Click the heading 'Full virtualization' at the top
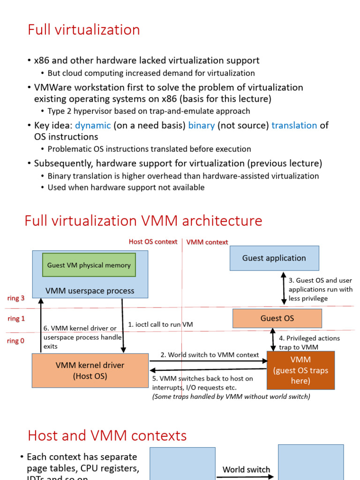[x=83, y=30]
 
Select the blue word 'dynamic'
[x=93, y=125]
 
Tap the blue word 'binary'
[x=201, y=125]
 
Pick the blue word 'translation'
[x=294, y=125]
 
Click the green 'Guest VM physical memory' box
[x=89, y=265]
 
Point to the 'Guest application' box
[x=274, y=258]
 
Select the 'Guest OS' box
[x=277, y=318]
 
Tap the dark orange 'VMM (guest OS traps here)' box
[x=300, y=370]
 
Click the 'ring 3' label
[x=15, y=298]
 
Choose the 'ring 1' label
[x=15, y=319]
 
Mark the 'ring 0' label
[x=15, y=341]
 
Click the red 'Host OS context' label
[x=153, y=242]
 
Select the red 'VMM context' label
[x=207, y=242]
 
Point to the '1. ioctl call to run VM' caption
[x=160, y=324]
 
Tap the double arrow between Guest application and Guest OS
[x=283, y=290]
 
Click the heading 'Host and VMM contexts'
[x=107, y=435]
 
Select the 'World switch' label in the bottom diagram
[x=246, y=469]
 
